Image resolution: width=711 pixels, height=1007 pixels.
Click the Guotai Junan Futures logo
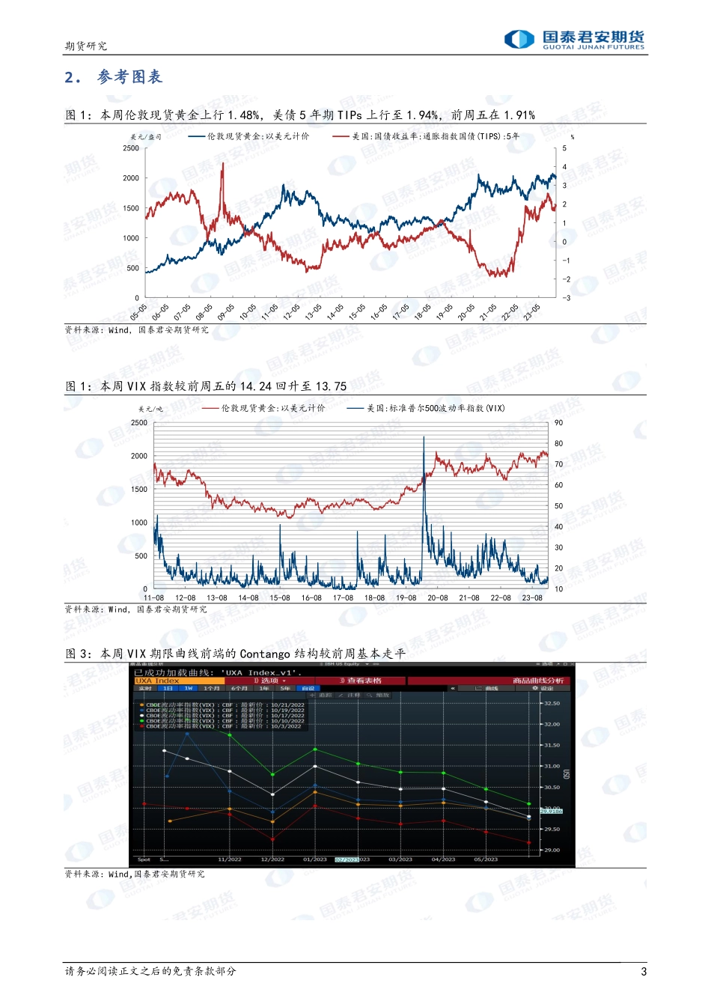[574, 39]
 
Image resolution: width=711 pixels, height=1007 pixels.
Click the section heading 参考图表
[129, 77]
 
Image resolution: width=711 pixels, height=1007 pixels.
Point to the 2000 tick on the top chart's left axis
[131, 178]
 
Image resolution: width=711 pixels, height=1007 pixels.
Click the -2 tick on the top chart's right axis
[566, 279]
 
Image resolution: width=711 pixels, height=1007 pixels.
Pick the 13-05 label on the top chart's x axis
[313, 311]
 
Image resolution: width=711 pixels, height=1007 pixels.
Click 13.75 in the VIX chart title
[331, 386]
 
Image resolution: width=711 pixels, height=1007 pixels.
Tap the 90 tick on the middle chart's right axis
[558, 423]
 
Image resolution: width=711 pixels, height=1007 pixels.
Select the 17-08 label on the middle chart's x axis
[343, 598]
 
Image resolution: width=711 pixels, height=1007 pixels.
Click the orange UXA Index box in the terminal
[178, 681]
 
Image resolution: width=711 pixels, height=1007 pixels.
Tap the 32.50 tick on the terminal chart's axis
[552, 704]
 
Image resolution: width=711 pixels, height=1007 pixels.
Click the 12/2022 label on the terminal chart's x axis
[272, 860]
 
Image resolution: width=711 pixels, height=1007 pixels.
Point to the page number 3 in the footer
[644, 972]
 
